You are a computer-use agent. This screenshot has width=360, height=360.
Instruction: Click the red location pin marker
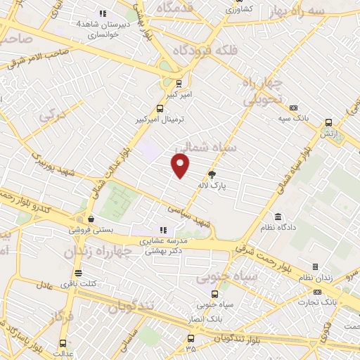(x=181, y=166)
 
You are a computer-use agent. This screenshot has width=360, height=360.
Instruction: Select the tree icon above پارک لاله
(x=212, y=174)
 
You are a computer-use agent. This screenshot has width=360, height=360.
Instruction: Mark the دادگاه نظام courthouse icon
(x=278, y=216)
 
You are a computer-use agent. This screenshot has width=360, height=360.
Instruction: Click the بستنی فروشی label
(x=88, y=229)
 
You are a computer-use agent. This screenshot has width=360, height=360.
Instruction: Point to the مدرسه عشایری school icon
(x=163, y=229)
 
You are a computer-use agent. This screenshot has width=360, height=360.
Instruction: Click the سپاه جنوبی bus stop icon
(x=215, y=294)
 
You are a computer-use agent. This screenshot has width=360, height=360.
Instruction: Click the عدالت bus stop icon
(x=64, y=343)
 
